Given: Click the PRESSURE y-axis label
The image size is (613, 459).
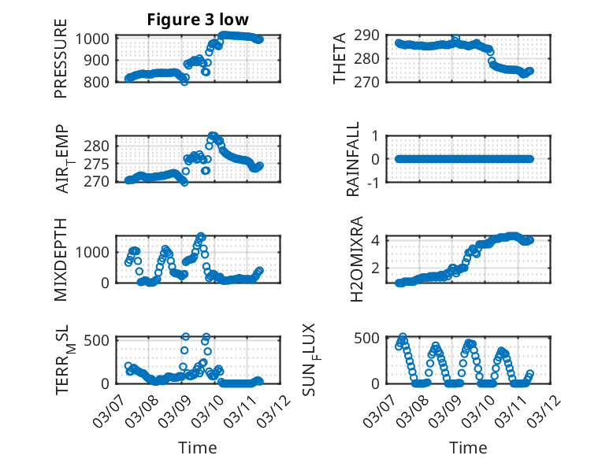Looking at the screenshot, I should [x=61, y=59].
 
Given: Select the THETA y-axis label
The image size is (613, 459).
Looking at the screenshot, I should [x=340, y=59].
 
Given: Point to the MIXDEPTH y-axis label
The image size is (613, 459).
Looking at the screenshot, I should [x=61, y=259].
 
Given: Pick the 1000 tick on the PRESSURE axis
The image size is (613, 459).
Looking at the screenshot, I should [x=97, y=39].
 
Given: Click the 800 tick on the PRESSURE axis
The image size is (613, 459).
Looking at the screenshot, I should [x=101, y=81].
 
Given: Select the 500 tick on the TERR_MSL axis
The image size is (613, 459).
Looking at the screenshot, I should [x=101, y=340].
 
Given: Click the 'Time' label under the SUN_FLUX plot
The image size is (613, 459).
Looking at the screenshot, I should [x=468, y=448].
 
